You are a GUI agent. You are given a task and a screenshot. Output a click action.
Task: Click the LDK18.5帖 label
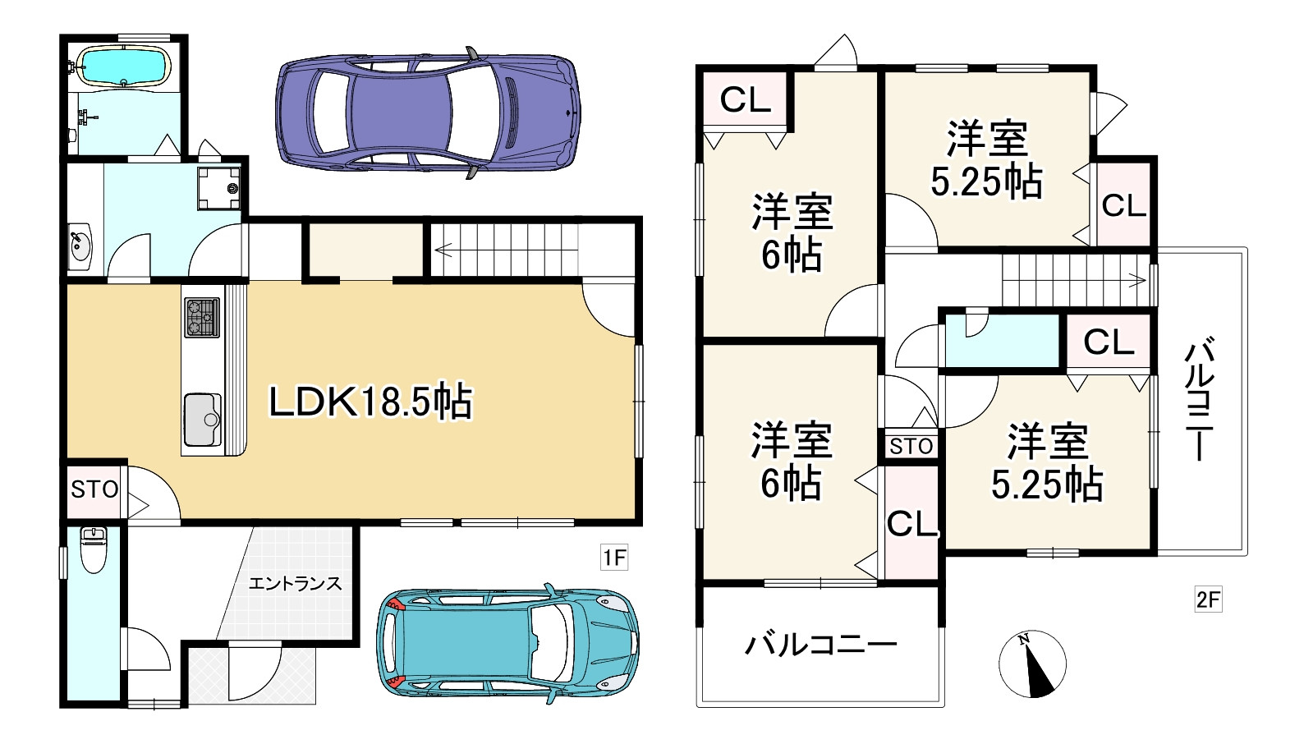(x=370, y=402)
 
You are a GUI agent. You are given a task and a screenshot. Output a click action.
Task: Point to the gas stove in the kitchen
(x=202, y=317)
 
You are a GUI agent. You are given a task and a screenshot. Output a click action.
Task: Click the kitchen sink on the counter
(x=202, y=420)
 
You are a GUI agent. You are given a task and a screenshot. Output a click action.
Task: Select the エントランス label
(x=295, y=584)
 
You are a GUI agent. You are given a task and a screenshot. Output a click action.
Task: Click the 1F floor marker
(x=614, y=558)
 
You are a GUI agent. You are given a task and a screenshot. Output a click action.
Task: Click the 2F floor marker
(x=1208, y=599)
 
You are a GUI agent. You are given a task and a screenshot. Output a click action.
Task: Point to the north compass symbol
(x=1032, y=664)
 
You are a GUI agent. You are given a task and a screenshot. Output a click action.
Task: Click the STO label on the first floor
(x=94, y=490)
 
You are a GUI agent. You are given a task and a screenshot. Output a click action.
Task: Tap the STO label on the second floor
(x=911, y=447)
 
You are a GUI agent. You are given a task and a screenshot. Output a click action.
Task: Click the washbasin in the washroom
(x=80, y=245)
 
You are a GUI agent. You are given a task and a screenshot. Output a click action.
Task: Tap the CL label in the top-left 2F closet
(x=745, y=99)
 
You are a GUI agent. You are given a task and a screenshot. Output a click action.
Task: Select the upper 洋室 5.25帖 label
(x=987, y=160)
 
